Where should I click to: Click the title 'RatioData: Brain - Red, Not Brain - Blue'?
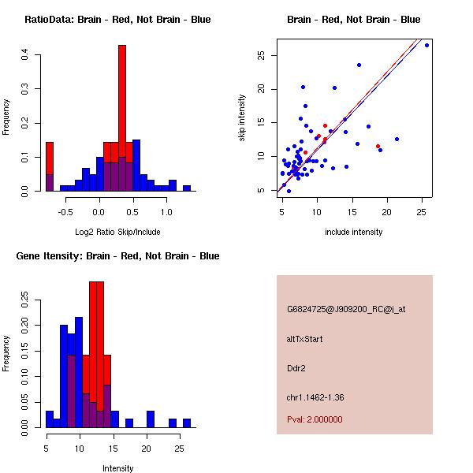pos(117,20)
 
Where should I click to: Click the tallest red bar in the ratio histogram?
pos(122,95)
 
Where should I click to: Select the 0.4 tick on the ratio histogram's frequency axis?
pos(25,54)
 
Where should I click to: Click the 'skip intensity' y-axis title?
pos(242,118)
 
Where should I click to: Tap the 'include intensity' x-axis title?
pos(353,232)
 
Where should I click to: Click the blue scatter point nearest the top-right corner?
pos(426,46)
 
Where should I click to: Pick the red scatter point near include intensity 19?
pos(378,146)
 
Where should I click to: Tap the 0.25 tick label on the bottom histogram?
pos(25,300)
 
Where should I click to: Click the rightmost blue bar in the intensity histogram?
pos(187,423)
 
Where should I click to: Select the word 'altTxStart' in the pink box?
pos(305,339)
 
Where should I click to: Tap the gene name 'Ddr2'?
pos(296,367)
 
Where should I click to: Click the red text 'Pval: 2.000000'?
pos(315,419)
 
